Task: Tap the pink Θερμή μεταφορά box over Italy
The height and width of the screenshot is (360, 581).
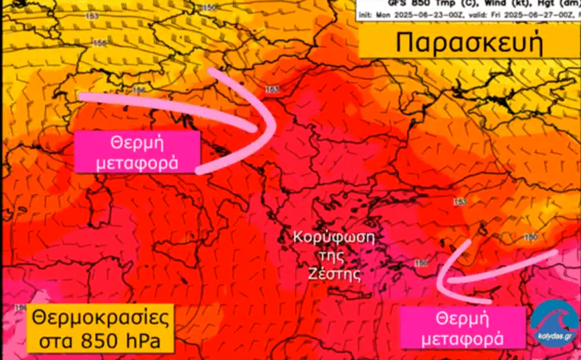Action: coord(137,152)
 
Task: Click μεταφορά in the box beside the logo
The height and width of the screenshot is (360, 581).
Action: coord(463,338)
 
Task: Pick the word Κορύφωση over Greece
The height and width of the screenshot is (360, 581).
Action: coord(327,236)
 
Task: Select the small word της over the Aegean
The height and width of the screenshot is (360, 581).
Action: coord(334,255)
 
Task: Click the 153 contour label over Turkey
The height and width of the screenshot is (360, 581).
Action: coord(460,202)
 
